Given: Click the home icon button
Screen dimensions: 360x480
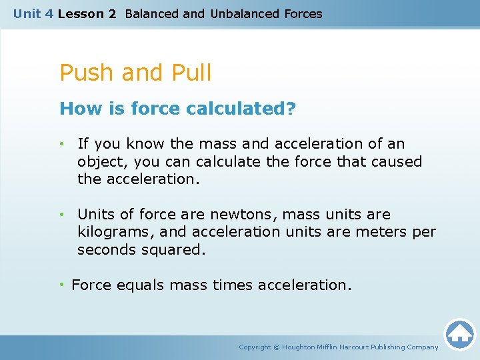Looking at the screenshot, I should point(459,334).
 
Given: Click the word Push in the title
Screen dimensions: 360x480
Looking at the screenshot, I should point(85,73).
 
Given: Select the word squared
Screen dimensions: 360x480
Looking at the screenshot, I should point(174,249).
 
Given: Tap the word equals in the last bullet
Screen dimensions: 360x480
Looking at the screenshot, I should point(141,285).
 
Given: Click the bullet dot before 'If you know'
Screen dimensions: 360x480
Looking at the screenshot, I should point(61,144).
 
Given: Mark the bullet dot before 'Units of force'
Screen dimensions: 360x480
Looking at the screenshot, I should point(61,215).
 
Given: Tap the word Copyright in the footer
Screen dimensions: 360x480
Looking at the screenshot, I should point(255,347).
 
